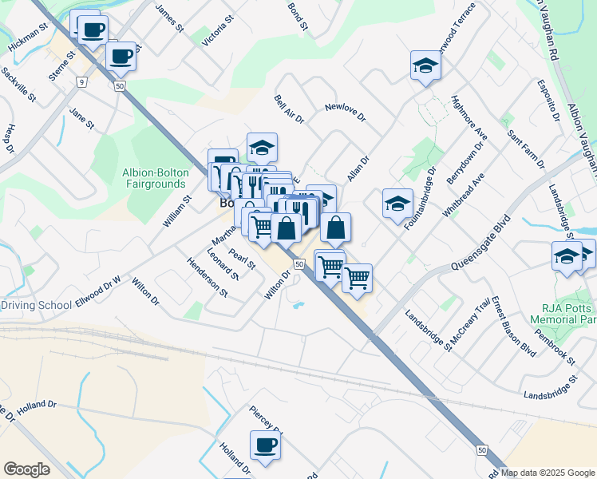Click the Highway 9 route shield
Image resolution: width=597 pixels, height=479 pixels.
pyautogui.click(x=81, y=81)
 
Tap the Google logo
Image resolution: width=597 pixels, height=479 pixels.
pyautogui.click(x=26, y=469)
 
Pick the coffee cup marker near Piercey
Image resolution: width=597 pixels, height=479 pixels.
pyautogui.click(x=265, y=445)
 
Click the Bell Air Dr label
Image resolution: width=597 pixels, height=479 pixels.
pyautogui.click(x=289, y=108)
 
